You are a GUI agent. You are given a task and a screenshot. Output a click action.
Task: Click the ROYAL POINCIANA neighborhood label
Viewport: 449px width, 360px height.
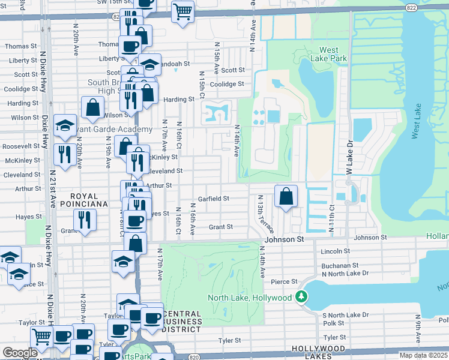click(88, 200)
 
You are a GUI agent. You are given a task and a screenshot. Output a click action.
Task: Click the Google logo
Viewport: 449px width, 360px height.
click(20, 352)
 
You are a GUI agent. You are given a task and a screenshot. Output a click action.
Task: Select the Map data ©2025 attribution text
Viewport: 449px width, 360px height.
click(423, 355)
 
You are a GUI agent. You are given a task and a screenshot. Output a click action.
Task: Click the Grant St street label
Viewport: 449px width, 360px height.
click(220, 227)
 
